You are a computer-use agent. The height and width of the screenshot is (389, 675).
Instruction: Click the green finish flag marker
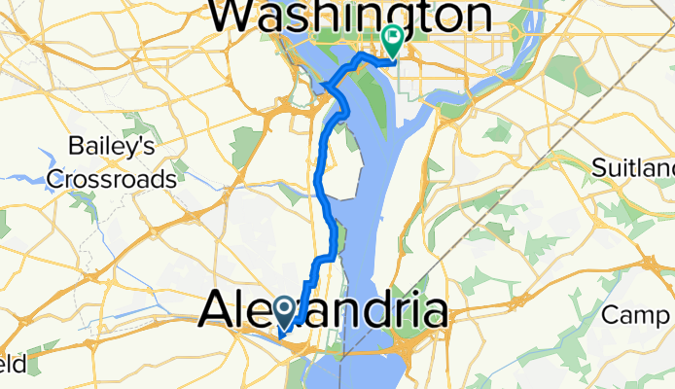point(393,41)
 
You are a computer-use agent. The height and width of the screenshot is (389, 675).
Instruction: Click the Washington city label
point(351,18)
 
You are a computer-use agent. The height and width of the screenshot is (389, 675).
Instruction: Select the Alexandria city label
point(324,312)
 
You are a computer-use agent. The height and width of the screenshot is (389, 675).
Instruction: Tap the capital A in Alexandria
point(216,312)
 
